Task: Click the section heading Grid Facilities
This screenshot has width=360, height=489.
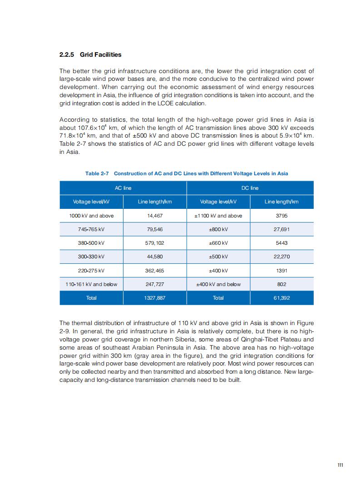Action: [100, 54]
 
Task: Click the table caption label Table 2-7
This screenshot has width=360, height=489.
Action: [97, 173]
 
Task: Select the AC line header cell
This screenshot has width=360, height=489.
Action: [123, 188]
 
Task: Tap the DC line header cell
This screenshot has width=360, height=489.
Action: [250, 188]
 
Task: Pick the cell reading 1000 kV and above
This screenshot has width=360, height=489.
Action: [91, 216]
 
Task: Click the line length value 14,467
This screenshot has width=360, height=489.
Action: [155, 216]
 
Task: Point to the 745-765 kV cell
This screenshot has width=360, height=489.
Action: [91, 229]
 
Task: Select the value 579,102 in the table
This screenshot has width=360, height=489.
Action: [155, 243]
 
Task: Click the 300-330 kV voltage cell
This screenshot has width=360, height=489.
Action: [91, 257]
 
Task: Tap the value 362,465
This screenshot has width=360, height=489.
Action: [155, 271]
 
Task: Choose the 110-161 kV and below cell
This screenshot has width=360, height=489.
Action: [91, 284]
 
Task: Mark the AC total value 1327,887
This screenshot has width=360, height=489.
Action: [155, 298]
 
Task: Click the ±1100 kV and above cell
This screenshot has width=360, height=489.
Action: [218, 216]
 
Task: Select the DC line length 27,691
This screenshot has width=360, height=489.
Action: [281, 229]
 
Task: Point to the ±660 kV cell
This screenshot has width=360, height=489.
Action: [218, 243]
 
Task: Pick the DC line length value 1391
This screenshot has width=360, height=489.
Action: [281, 271]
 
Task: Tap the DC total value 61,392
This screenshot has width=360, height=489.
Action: [281, 298]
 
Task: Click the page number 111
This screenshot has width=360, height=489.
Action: [340, 465]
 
